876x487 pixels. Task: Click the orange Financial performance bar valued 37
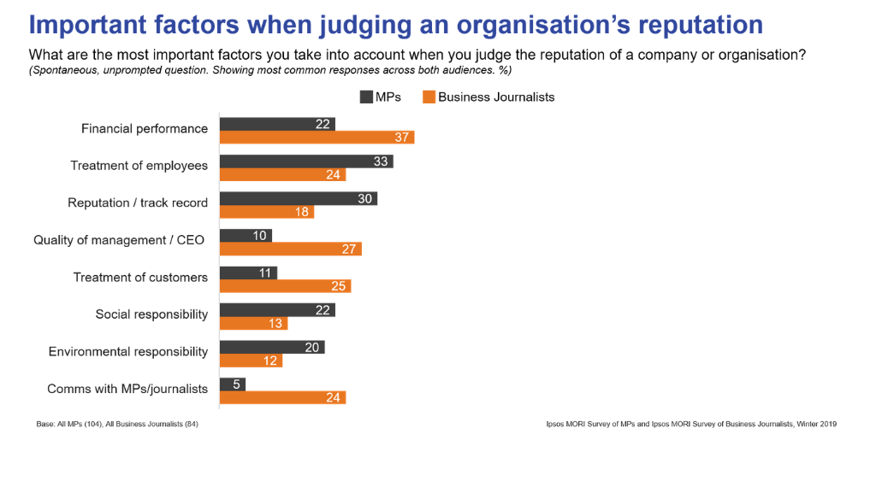[317, 138]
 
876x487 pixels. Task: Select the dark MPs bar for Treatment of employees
[306, 161]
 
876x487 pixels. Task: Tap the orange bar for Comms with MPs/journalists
[282, 397]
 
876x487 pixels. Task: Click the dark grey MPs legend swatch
[366, 97]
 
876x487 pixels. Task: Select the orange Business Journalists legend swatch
[429, 97]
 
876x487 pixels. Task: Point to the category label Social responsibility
[151, 314]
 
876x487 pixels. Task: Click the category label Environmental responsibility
[128, 352]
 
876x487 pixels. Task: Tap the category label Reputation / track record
[138, 203]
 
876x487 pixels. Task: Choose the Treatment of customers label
[140, 278]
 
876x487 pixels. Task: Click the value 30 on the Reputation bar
[365, 198]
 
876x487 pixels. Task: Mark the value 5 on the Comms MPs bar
[237, 384]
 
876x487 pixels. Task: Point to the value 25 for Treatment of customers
[339, 286]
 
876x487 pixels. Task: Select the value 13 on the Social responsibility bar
[275, 324]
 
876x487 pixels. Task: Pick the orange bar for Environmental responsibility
[251, 361]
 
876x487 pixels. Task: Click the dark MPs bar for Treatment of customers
[248, 273]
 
